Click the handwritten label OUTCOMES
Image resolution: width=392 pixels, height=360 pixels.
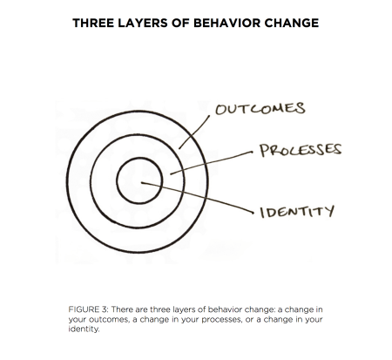(260, 108)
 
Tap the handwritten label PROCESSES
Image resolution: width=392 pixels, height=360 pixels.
(301, 150)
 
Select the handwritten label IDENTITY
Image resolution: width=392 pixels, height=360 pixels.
(297, 212)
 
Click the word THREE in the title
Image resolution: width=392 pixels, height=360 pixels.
(93, 23)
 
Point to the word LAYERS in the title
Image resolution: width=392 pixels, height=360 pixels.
(143, 23)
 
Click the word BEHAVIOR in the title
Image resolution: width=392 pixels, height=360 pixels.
(226, 23)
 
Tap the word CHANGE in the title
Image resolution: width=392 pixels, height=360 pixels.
(292, 23)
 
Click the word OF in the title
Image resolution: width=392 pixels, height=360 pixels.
(180, 23)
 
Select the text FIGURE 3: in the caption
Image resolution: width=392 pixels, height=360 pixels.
(88, 309)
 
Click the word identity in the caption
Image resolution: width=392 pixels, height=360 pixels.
(84, 329)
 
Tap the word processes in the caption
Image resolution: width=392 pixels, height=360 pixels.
(221, 320)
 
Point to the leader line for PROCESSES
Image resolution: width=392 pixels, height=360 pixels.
(212, 163)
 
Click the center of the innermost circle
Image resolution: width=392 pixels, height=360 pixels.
(139, 180)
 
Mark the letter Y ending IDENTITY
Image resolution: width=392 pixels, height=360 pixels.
(329, 211)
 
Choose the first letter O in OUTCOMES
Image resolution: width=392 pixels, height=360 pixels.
(221, 110)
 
